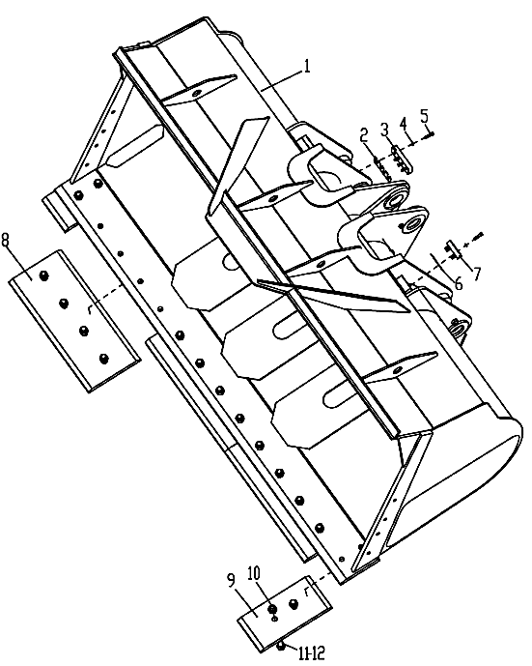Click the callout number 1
coord(306,67)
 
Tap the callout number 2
coord(364,136)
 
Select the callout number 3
coord(384,130)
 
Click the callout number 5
coord(424,116)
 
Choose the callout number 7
coord(478,274)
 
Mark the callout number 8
coord(6,241)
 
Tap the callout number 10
coord(254,574)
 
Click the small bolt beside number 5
coord(430,133)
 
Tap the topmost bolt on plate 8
coord(42,276)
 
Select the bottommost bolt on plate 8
coord(103,359)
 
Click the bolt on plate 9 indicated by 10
coord(272,610)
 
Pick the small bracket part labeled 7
coord(452,249)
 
